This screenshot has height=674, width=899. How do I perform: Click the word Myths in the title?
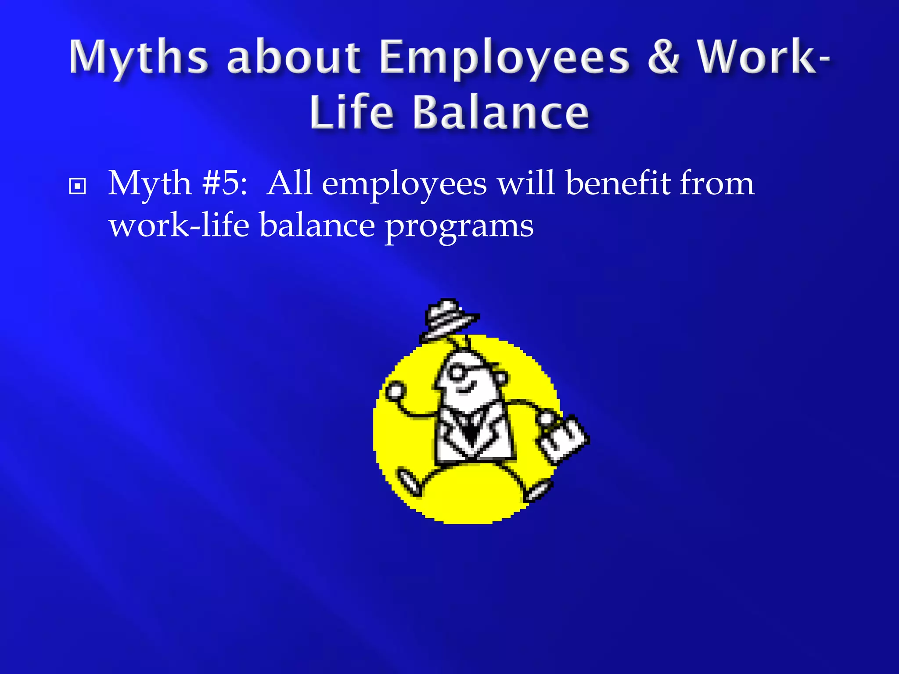[x=138, y=57]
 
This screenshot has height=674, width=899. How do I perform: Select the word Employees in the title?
[x=505, y=58]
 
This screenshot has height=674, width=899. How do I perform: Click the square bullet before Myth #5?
[x=78, y=186]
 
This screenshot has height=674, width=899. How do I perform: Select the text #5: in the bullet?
[x=225, y=183]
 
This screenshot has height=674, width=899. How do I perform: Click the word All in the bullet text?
[x=289, y=183]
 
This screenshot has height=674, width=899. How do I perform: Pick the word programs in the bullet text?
[x=459, y=226]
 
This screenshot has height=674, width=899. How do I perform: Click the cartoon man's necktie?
[x=471, y=430]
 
